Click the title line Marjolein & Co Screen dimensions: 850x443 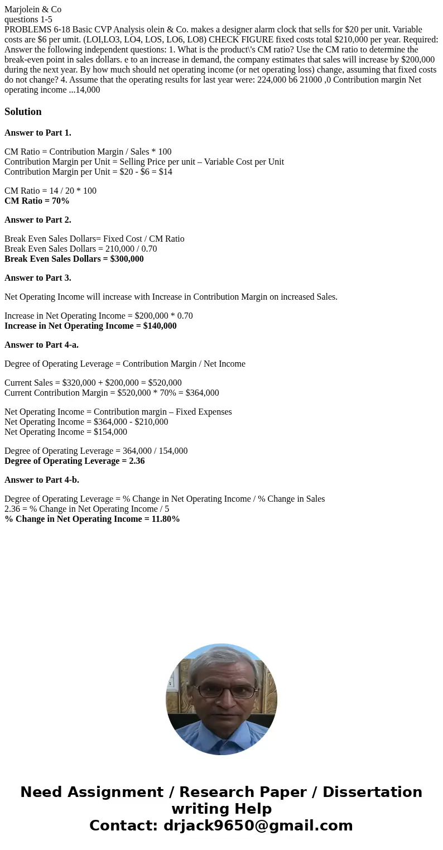click(33, 9)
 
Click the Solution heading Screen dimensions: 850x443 click(23, 112)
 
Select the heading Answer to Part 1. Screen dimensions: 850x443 click(38, 133)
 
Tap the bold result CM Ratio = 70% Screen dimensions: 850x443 click(37, 201)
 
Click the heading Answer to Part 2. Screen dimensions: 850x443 click(38, 220)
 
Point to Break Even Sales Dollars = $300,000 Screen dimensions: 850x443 click(74, 259)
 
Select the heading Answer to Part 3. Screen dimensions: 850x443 click(38, 278)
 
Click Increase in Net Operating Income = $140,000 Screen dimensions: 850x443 click(90, 326)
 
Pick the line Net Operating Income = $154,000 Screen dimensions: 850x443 click(66, 432)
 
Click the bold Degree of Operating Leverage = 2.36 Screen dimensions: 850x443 click(75, 461)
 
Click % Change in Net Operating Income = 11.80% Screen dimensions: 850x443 click(93, 519)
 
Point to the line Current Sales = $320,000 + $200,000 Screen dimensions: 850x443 click(93, 383)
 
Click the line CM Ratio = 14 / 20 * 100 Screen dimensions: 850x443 click(50, 191)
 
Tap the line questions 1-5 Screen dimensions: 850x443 click(28, 20)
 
